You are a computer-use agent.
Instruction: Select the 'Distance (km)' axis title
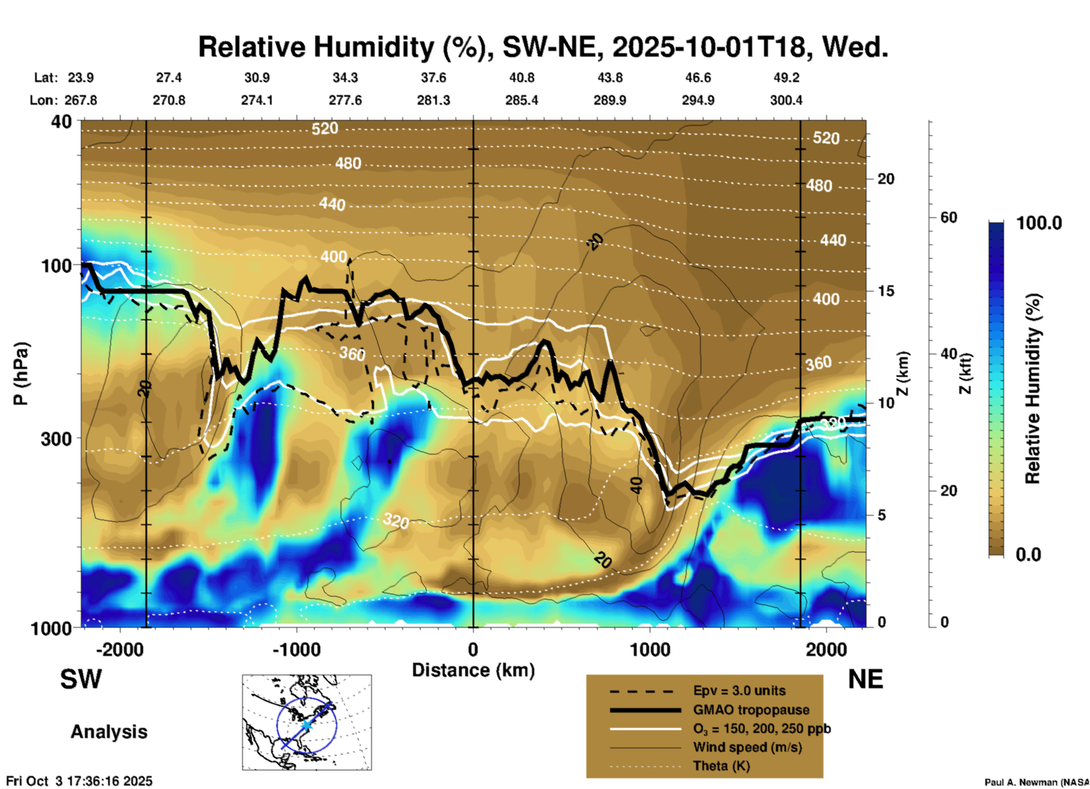coord(473,670)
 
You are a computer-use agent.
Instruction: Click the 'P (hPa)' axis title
coord(21,374)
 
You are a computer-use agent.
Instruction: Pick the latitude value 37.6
coord(433,78)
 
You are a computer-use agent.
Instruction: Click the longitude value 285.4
coord(521,100)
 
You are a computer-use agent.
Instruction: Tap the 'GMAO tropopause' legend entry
coord(751,710)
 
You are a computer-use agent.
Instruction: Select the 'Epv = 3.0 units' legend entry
coord(739,691)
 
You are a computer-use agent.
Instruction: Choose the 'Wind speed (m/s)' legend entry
coord(747,747)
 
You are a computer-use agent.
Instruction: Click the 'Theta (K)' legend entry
coord(721,766)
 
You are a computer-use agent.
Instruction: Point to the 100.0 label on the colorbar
coord(1039,223)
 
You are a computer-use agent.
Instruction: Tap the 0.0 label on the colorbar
coord(1028,554)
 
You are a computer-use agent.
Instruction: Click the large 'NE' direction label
coord(865,679)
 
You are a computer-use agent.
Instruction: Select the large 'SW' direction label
coord(81,679)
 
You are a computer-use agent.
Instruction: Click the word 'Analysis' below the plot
coord(109,732)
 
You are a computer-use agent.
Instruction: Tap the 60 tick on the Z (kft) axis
coord(949,217)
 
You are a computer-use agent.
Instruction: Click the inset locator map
coord(307,722)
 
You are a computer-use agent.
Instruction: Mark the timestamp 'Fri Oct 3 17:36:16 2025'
coord(79,781)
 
